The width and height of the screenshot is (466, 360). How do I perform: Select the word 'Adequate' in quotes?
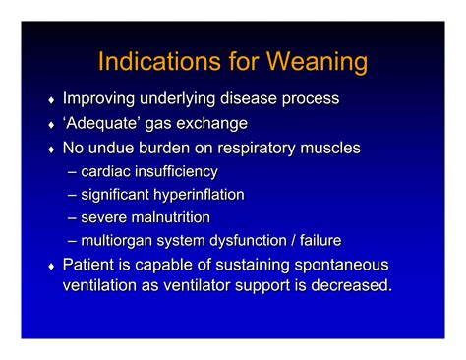[106, 124]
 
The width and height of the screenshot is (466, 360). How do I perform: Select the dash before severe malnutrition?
[74, 218]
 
